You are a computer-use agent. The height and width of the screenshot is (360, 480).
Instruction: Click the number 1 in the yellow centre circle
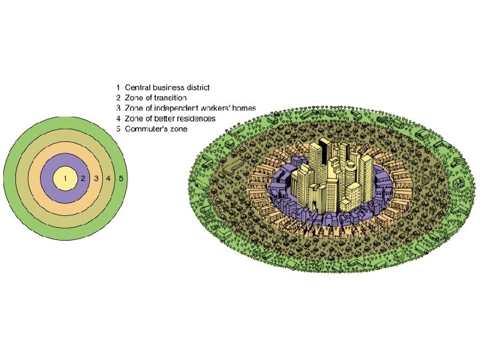coord(65,179)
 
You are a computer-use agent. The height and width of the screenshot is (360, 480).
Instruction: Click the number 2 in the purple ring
coord(83,179)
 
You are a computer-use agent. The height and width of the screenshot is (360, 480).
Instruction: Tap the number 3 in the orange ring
coord(96,179)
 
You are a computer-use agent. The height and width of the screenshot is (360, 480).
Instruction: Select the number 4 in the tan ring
coord(108,179)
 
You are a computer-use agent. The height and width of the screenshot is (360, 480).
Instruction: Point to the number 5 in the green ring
coord(121,179)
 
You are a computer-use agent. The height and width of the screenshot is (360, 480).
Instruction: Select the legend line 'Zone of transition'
coord(159,98)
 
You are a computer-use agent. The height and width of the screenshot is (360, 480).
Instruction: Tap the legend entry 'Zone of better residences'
coord(170,119)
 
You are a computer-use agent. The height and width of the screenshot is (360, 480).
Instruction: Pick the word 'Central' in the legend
coord(138,87)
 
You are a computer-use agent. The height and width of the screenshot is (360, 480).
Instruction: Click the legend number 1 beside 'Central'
coord(118,87)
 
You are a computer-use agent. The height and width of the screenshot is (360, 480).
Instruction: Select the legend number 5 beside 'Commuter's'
coord(118,129)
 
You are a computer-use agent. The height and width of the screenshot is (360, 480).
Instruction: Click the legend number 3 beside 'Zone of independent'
coord(118,108)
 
